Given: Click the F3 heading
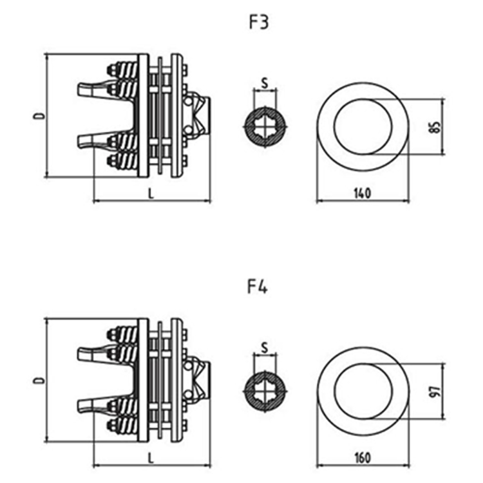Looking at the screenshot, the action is point(258,23).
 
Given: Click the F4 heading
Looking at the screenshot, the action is point(258,287).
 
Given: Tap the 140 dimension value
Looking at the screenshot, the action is point(363,193).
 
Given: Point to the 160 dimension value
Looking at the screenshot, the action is point(363,458).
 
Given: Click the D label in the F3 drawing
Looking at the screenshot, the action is point(39,116).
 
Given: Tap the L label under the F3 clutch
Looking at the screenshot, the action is point(151,193).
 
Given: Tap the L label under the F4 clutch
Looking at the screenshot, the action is point(151,458).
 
